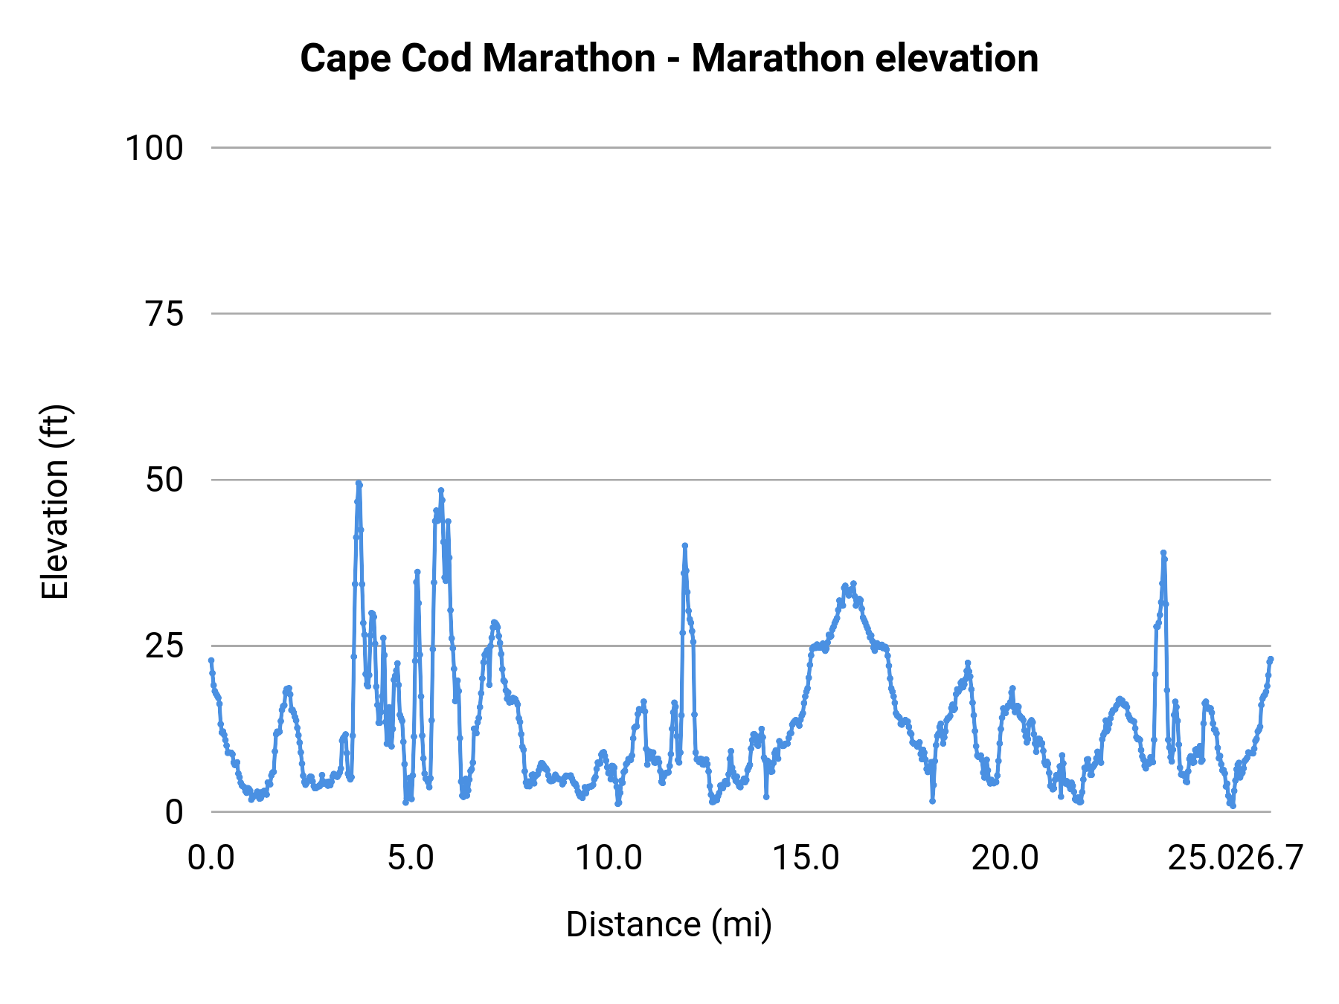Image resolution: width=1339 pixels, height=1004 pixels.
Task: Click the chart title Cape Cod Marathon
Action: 669,59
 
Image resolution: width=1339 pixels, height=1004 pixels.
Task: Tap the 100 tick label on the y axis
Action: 154,148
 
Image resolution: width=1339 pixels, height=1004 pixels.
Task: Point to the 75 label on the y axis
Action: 164,315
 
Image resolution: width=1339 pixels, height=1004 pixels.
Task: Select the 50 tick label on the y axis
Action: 164,480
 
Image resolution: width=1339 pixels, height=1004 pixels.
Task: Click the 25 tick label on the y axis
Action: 164,646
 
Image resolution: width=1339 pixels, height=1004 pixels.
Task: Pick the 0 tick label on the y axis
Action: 174,813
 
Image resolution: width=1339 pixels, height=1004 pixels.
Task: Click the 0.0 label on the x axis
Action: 211,858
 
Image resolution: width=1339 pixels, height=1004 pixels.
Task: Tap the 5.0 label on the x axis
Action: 411,858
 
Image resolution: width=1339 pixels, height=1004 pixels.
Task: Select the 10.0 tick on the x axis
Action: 609,858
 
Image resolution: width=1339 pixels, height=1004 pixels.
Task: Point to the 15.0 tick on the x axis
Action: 806,858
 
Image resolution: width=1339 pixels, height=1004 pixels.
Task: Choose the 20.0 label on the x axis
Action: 1005,858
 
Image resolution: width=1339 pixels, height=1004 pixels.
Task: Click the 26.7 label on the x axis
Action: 1270,858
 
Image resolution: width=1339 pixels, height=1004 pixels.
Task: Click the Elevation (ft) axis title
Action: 55,502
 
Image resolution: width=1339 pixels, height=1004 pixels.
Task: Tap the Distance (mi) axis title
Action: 669,924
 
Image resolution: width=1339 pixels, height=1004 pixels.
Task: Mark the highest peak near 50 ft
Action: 359,483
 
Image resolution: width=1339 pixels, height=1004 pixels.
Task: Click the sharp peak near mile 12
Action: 685,546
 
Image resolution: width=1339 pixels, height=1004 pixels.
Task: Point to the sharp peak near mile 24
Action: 1163,553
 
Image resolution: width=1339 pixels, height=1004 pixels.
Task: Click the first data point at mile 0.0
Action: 211,660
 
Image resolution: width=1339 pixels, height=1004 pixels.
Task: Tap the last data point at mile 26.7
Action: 1271,659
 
